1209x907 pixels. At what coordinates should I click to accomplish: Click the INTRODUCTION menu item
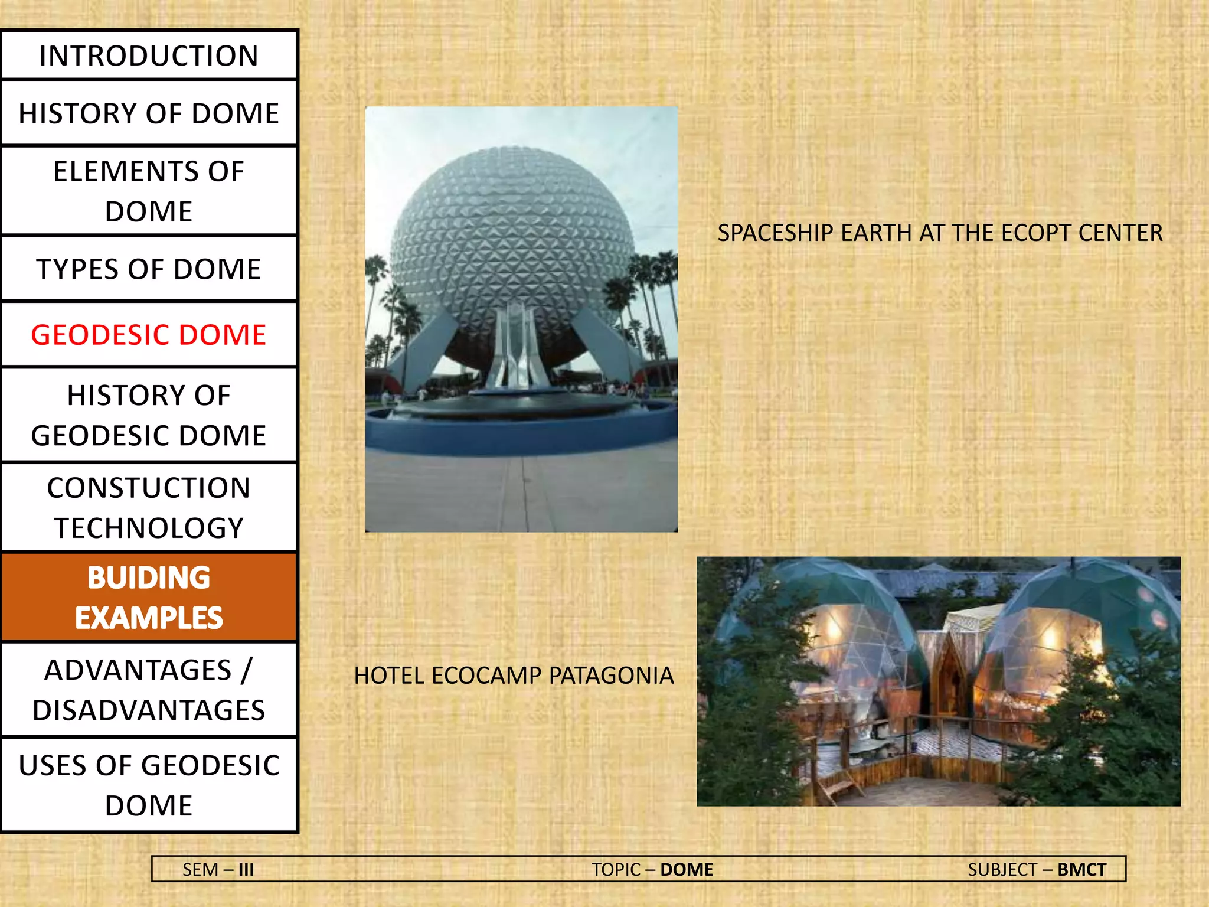click(149, 56)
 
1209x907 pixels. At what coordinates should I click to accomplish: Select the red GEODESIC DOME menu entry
click(149, 335)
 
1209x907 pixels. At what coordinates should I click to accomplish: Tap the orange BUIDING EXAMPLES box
click(149, 598)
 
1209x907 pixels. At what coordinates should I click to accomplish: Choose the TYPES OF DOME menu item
click(149, 269)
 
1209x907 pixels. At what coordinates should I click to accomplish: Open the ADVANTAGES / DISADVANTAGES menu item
click(149, 690)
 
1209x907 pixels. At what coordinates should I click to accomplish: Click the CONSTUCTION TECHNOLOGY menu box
click(149, 508)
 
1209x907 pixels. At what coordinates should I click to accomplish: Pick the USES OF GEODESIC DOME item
click(149, 785)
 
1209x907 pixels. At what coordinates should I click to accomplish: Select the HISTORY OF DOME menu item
click(149, 113)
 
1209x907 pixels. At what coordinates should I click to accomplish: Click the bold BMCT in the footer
click(1081, 870)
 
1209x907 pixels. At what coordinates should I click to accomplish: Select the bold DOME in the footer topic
click(687, 870)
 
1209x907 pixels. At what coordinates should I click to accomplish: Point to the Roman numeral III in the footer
click(246, 870)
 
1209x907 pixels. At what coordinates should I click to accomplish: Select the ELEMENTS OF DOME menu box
click(149, 191)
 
